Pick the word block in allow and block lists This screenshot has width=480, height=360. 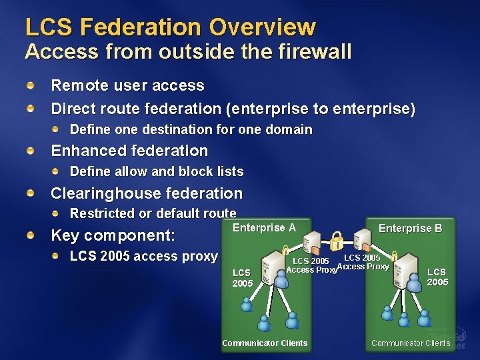tap(197, 171)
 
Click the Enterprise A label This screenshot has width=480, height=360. tap(264, 228)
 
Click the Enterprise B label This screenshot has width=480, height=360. tap(410, 228)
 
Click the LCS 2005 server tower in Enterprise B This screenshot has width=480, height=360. tap(405, 271)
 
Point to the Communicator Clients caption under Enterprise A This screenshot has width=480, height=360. tap(265, 343)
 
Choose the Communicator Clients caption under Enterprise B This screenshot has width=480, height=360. tap(411, 343)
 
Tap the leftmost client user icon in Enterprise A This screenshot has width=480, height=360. tap(247, 304)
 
